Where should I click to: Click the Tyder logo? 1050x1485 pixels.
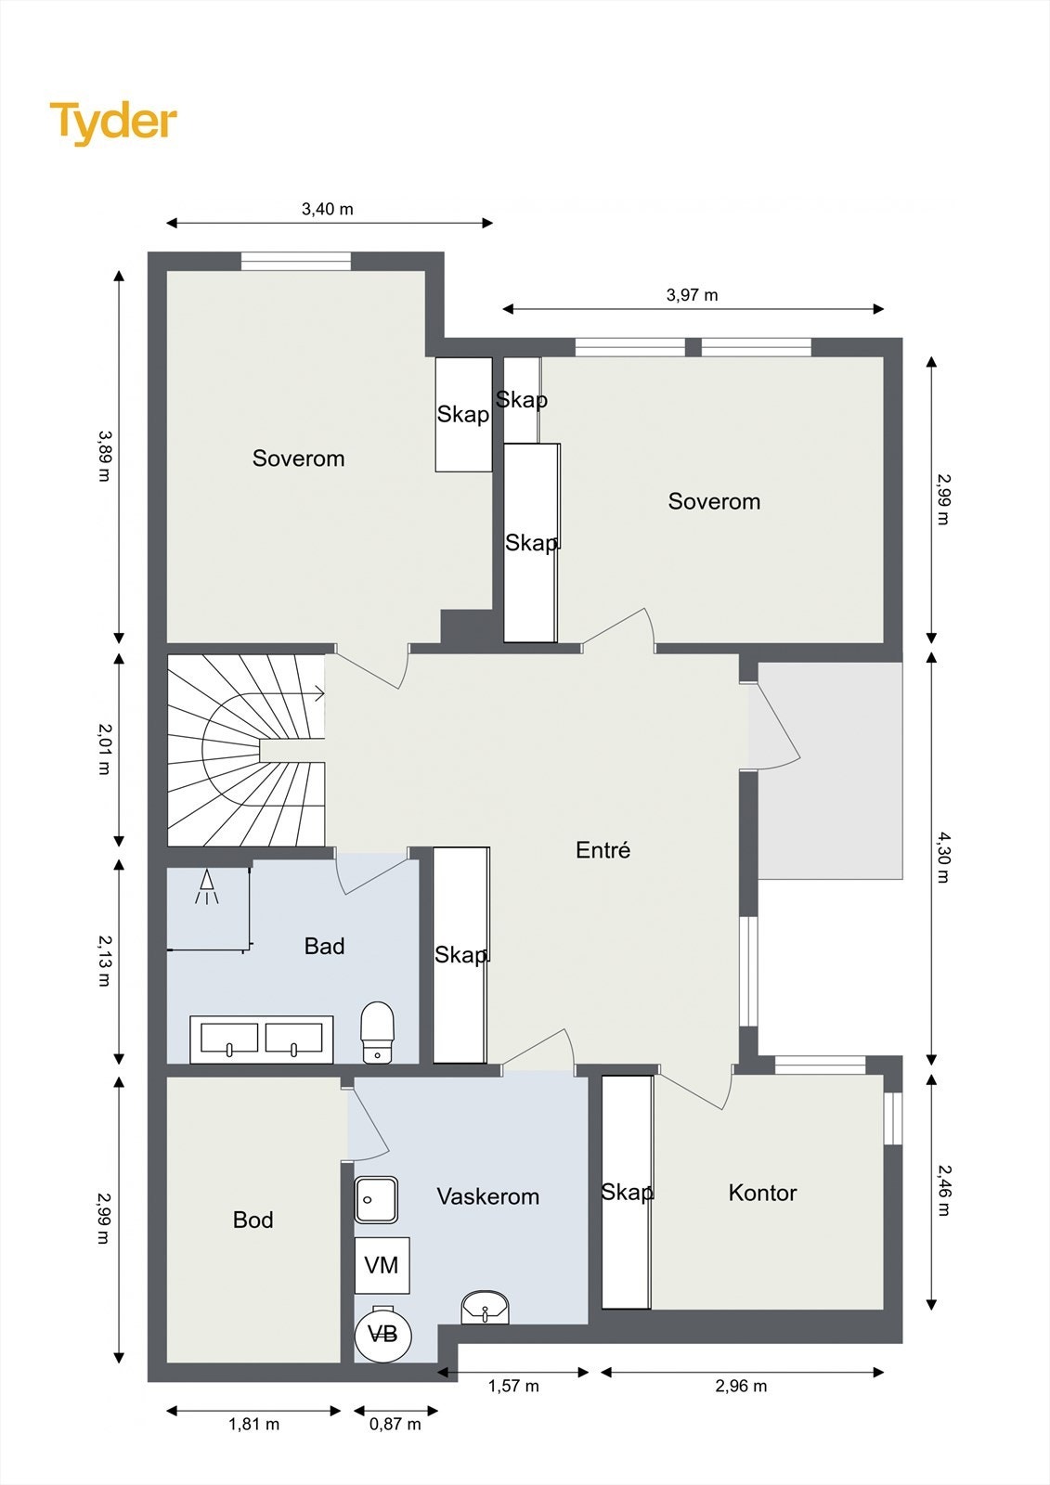coord(113,123)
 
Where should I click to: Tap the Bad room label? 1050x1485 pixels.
coord(324,946)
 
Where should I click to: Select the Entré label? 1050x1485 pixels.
coord(603,850)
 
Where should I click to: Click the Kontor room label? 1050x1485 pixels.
coord(763,1193)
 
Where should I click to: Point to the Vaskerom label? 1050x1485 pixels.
coord(488,1196)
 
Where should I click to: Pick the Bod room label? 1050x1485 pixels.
coord(253,1220)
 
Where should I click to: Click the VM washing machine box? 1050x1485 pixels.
coord(382,1265)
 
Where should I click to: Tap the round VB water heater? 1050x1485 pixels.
coord(382,1333)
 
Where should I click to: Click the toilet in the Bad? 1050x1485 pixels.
coord(378,1032)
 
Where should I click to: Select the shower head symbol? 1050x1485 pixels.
coord(207,885)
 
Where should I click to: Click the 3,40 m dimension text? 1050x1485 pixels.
coord(328,210)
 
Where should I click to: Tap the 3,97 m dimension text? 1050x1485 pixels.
coord(693,295)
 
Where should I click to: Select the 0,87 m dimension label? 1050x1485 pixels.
coord(395,1424)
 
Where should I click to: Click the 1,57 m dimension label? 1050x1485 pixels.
coord(514,1386)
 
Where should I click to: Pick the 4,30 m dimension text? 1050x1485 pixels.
coord(942,858)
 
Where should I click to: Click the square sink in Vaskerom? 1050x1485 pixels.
coord(376,1200)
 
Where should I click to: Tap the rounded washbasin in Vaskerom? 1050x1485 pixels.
coord(486,1306)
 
